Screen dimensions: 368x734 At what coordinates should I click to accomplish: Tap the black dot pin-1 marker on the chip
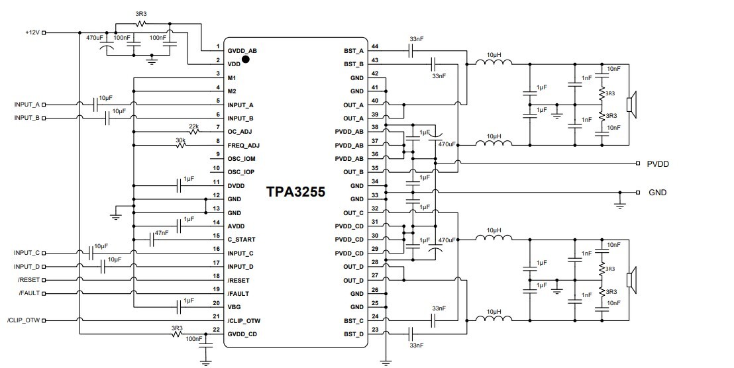246,59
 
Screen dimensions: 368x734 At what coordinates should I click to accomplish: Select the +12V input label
32,32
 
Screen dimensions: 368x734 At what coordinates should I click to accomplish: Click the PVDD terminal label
658,163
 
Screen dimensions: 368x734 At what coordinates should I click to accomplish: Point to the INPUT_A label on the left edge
27,105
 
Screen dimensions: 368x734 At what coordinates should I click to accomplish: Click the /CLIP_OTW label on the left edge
23,320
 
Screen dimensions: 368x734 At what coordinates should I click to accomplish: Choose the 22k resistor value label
194,125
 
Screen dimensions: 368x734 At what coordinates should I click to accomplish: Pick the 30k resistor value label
180,139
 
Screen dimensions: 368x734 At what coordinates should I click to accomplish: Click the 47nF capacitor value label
162,233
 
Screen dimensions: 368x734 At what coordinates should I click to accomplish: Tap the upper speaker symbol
633,104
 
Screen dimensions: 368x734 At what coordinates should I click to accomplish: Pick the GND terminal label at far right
657,193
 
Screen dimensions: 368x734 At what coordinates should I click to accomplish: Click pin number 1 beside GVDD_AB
217,47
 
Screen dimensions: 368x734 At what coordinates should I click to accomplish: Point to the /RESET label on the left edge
29,279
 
